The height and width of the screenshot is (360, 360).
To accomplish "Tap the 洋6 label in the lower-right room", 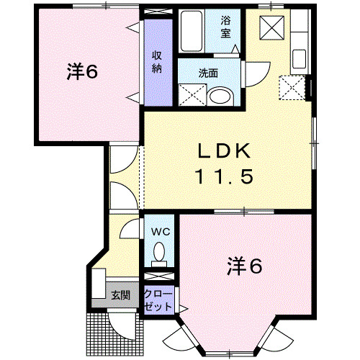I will pos(246,266).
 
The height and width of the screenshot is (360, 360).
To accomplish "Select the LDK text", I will pos(224,151).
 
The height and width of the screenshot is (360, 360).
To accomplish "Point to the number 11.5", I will pos(224,176).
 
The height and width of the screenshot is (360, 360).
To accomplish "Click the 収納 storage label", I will pos(157,62).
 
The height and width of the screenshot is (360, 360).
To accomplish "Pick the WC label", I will pos(159,232).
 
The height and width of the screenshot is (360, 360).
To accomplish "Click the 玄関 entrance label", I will pos(120,294).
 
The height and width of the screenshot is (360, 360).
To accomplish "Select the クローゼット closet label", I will pos(158,300).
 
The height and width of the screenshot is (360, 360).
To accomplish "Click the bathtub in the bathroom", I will pos(194,31).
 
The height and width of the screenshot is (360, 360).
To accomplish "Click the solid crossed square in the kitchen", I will pos(273,28).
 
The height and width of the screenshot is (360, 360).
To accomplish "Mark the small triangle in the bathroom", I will pos(235,48).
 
